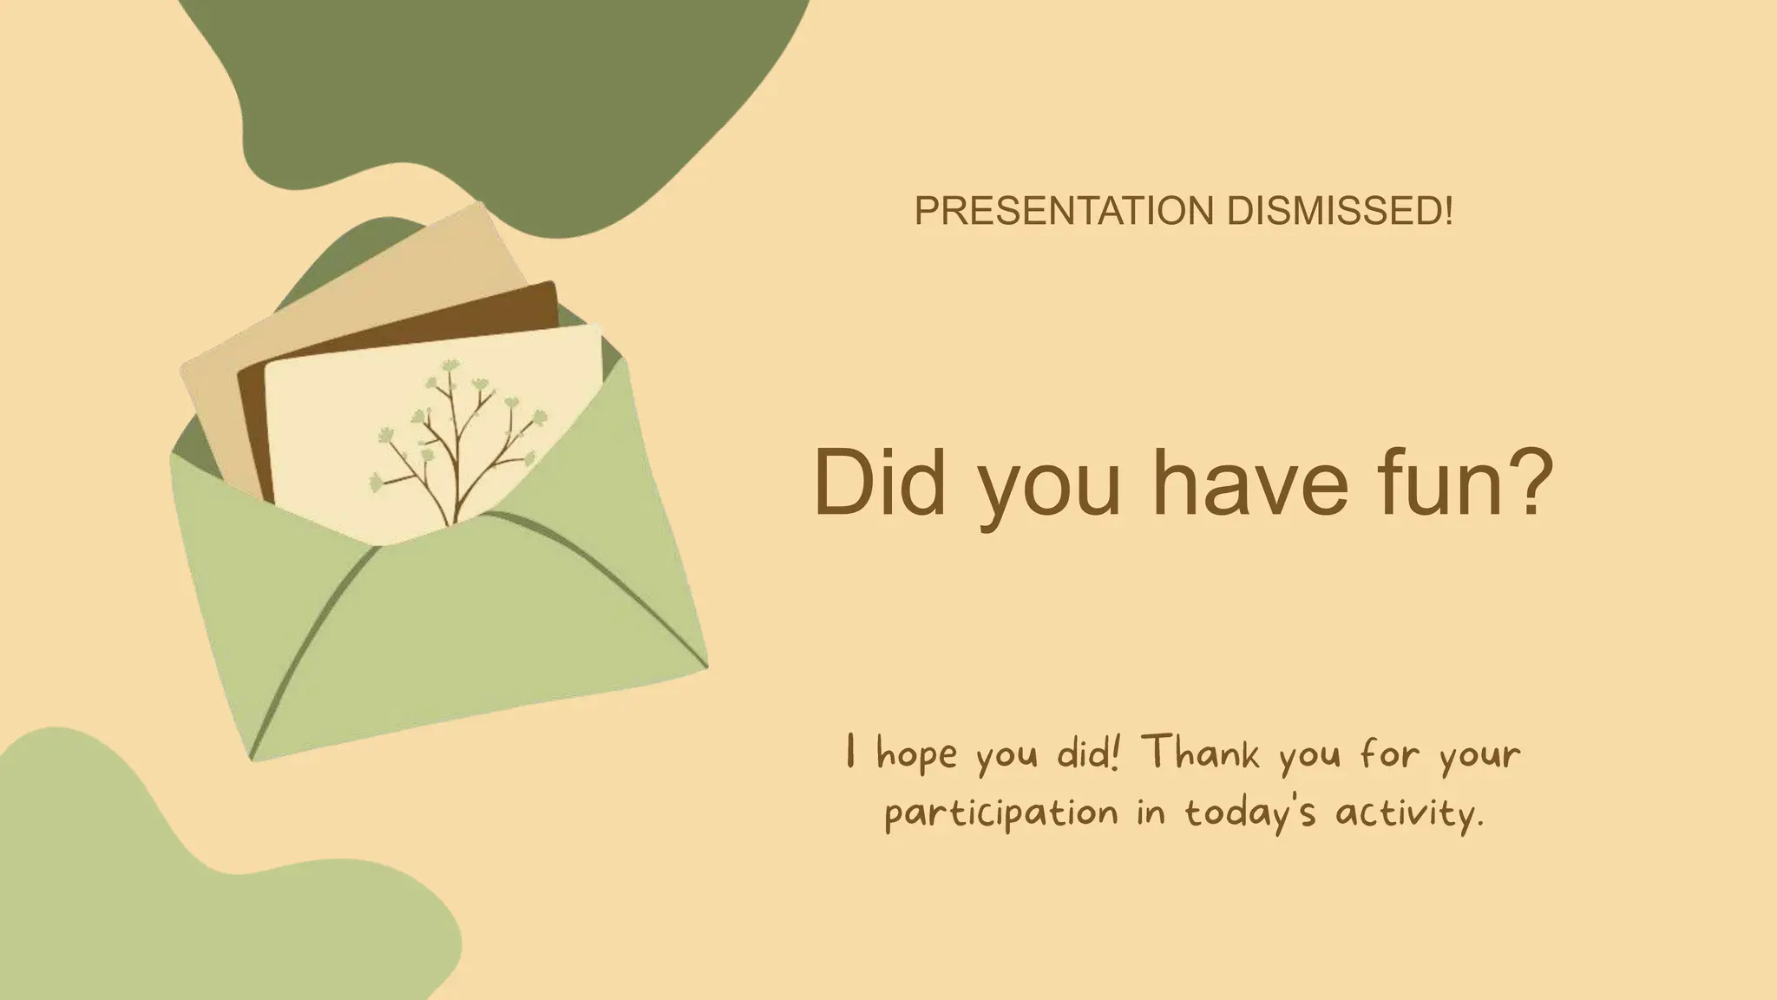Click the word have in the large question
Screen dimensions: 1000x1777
click(1249, 483)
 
